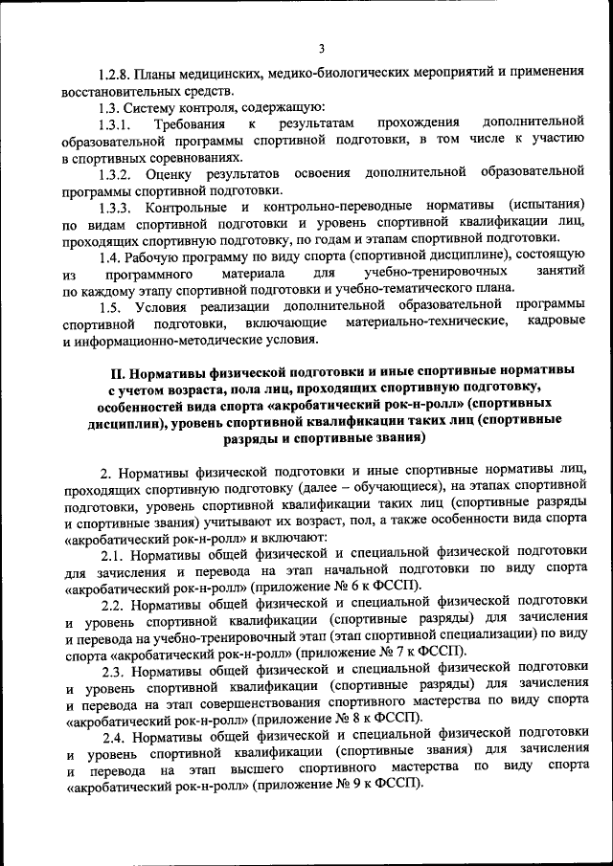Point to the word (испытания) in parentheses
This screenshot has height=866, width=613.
pos(547,206)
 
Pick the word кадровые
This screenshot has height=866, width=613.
pos(556,322)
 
